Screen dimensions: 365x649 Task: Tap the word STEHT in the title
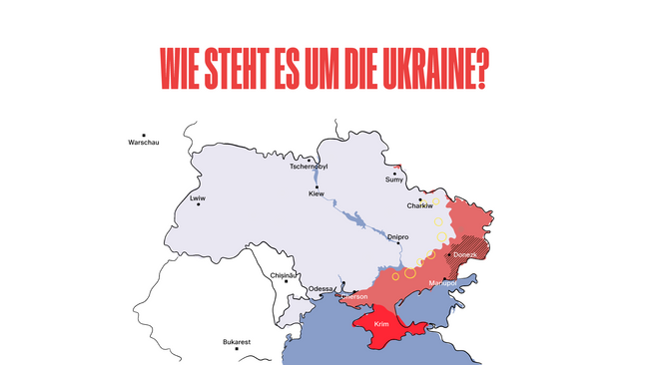[244, 69]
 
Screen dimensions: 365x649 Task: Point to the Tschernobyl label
[309, 167]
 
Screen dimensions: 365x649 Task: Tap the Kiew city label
[317, 193]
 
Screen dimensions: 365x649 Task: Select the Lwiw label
[197, 198]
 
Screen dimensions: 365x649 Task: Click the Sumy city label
[395, 181]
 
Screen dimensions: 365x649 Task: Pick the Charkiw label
[419, 206]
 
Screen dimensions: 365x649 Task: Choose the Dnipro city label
[398, 236]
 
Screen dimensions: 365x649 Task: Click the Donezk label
[465, 255]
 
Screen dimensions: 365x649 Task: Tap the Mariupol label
[442, 283]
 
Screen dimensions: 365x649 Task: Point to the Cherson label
[355, 296]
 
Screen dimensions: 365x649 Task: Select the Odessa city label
[321, 289]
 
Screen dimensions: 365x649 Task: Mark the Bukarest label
[237, 342]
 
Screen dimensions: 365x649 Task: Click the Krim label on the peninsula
[381, 325]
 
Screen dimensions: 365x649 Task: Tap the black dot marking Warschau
[144, 135]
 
